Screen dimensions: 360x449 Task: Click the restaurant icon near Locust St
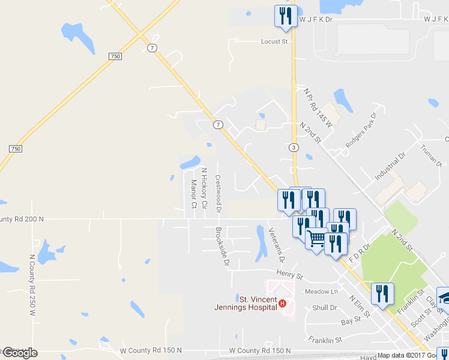coord(285,16)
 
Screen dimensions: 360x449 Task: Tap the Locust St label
coord(274,42)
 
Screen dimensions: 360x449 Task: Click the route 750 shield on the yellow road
coord(116,56)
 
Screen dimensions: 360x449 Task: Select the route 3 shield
coord(293,147)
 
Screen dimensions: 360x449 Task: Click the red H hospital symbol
coord(282,304)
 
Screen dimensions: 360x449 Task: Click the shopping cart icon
coord(316,238)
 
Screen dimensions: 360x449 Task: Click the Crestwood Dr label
coord(218,194)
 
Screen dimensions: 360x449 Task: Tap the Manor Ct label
coord(193,194)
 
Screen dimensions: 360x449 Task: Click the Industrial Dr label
coord(390,166)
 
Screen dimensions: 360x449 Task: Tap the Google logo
coord(19,353)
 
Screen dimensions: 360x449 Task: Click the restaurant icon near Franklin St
coord(382,293)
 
